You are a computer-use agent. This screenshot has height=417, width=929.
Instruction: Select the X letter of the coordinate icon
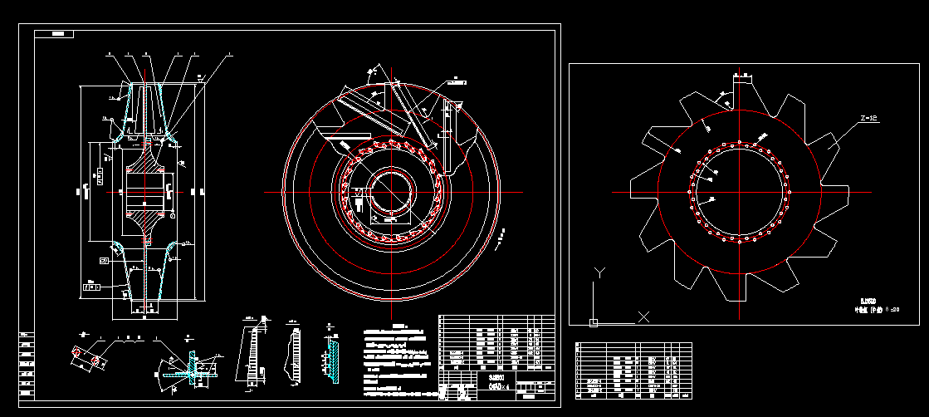643,316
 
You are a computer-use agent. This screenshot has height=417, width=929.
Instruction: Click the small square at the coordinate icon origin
593,321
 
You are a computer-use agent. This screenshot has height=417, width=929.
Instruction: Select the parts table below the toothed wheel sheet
633,370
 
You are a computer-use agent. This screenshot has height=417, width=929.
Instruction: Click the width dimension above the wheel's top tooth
741,76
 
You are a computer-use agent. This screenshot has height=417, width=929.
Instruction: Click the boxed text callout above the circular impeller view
456,81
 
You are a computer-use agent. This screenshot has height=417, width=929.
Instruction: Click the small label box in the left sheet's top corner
61,34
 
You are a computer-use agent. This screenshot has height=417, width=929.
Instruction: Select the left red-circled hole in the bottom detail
78,353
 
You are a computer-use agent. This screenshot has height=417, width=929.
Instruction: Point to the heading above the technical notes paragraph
402,326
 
